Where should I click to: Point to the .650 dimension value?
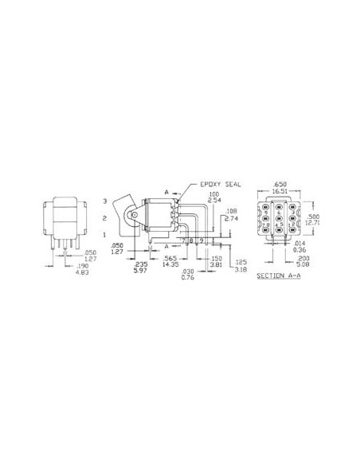tap(279, 184)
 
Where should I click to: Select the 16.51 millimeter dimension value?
tap(279, 191)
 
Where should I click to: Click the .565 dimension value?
tap(170, 259)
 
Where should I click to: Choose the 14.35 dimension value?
tap(170, 265)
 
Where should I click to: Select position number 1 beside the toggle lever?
tap(105, 236)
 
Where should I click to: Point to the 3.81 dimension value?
tap(216, 265)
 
